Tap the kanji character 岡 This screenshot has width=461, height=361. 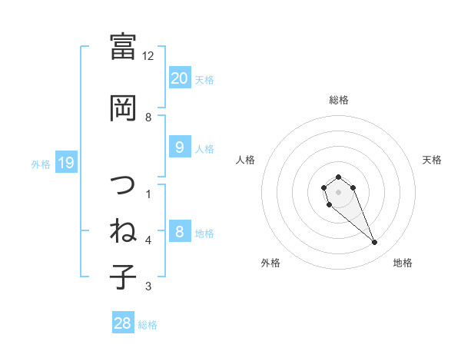click(123, 108)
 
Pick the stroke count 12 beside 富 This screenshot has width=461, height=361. click(148, 56)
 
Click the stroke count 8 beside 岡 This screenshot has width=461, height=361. click(148, 118)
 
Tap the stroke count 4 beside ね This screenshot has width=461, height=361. click(148, 240)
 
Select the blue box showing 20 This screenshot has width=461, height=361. click(179, 78)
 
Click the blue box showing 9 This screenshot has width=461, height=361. click(179, 147)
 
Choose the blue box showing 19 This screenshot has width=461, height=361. click(65, 163)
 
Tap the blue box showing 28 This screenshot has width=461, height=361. click(123, 324)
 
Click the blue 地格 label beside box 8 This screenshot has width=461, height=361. click(204, 233)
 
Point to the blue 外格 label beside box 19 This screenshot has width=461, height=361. click(41, 164)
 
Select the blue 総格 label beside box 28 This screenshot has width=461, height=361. click(148, 325)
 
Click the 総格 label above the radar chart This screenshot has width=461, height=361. click(339, 100)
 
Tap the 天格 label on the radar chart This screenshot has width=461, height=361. click(432, 160)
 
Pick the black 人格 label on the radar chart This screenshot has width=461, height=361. click(245, 160)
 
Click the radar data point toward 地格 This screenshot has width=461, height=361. click(375, 243)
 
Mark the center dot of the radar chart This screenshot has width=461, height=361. click(339, 191)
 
